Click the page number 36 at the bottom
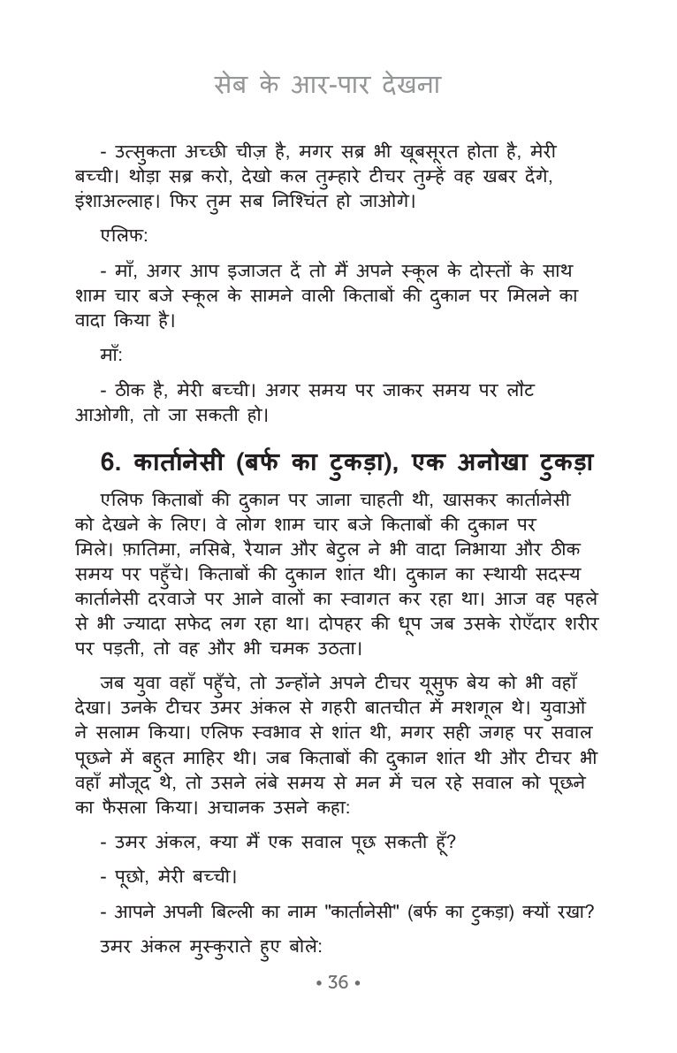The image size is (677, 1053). [338, 982]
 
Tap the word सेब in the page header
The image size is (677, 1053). [232, 86]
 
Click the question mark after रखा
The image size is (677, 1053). [587, 910]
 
